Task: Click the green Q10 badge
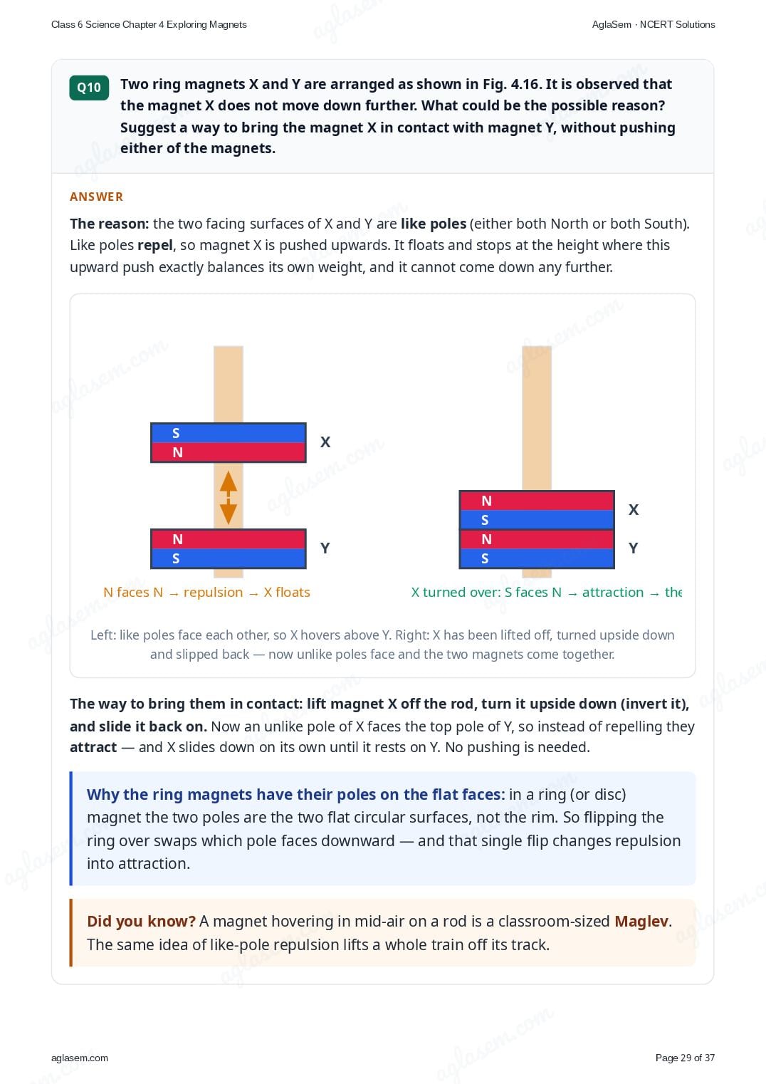click(89, 88)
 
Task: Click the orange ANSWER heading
click(96, 197)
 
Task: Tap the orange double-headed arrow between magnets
click(229, 498)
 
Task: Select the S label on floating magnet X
click(176, 433)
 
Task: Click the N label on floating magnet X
click(177, 452)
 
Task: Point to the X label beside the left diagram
click(325, 442)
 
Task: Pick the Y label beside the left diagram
click(325, 548)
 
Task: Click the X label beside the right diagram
click(634, 509)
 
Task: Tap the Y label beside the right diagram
click(633, 548)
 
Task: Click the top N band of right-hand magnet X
click(537, 501)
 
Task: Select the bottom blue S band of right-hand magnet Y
click(537, 558)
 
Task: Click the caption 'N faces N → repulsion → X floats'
click(206, 593)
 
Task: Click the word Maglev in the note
click(641, 921)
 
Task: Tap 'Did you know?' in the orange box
click(141, 921)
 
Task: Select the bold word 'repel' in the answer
click(154, 245)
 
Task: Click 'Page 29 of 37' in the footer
click(685, 1058)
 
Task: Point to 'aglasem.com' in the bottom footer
click(80, 1058)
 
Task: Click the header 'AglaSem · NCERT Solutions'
click(654, 25)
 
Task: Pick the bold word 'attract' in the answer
click(93, 747)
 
